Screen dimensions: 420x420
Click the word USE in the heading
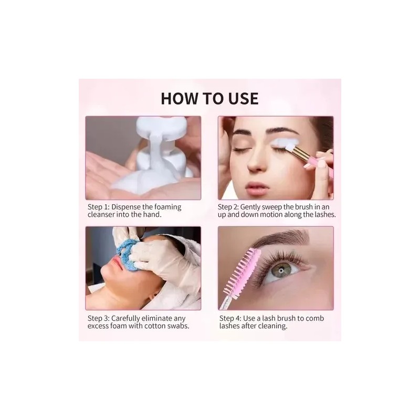coord(244,98)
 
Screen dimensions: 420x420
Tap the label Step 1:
coord(99,207)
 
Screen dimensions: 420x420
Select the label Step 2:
coord(228,207)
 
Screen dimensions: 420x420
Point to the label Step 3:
coord(99,319)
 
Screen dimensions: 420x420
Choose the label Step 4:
coord(230,319)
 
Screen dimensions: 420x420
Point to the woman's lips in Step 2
coord(256,185)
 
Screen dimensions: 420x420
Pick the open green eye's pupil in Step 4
coord(281,271)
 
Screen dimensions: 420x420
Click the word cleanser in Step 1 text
coord(101,215)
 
